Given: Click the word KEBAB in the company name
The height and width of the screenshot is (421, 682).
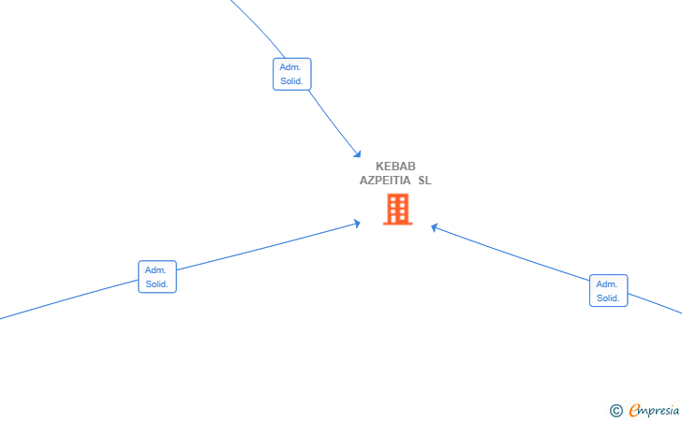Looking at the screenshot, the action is tap(395, 167).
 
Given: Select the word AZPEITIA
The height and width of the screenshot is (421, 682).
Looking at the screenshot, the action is tap(385, 181).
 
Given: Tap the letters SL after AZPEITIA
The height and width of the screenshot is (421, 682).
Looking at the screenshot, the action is tap(425, 181).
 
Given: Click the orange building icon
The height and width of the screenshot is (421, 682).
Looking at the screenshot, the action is tap(397, 210).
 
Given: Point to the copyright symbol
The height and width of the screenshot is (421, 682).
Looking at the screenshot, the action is tap(616, 411).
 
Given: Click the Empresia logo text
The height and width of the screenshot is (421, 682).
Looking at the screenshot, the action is tap(654, 410).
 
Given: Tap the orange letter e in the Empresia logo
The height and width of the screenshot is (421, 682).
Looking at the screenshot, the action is tap(634, 410).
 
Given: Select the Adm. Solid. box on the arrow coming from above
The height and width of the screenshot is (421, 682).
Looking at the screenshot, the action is tap(292, 74).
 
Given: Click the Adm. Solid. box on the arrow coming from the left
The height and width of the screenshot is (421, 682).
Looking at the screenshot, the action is tap(157, 277).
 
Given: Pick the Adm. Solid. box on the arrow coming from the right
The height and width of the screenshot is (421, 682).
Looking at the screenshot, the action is tap(609, 291).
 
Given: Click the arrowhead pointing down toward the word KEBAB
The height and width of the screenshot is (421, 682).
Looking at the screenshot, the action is tap(358, 153).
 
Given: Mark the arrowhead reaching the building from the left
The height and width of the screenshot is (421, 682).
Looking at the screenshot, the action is tap(357, 224).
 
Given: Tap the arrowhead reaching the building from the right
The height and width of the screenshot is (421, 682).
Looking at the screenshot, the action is tap(434, 227).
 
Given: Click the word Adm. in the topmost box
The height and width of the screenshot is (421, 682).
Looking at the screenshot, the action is tap(290, 67).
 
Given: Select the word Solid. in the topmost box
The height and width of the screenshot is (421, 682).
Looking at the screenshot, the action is tap(291, 81).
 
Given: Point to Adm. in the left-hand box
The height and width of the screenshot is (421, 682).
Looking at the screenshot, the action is tap(156, 270).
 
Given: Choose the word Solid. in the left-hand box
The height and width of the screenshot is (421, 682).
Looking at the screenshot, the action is tap(157, 284).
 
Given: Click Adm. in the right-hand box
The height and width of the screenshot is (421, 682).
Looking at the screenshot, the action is tap(607, 284).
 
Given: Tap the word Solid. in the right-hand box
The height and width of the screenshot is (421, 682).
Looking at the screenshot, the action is tap(608, 298).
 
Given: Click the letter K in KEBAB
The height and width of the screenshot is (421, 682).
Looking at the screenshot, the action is tap(379, 167).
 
